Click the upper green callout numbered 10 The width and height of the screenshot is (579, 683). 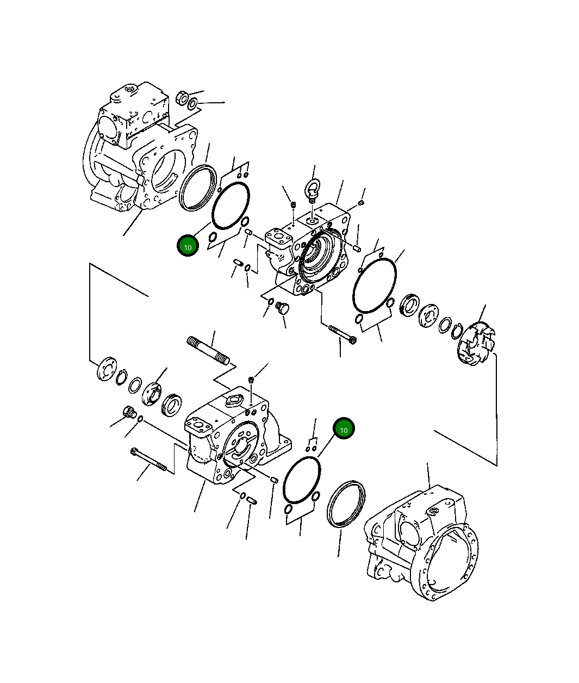pyautogui.click(x=188, y=246)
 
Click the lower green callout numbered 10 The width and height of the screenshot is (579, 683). pyautogui.click(x=344, y=429)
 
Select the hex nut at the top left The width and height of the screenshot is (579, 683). pyautogui.click(x=183, y=98)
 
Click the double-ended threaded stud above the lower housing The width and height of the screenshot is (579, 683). pyautogui.click(x=208, y=350)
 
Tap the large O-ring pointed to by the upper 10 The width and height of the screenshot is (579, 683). pyautogui.click(x=231, y=206)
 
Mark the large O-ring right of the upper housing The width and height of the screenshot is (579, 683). pyautogui.click(x=375, y=285)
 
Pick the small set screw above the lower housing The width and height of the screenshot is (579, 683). pyautogui.click(x=251, y=379)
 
